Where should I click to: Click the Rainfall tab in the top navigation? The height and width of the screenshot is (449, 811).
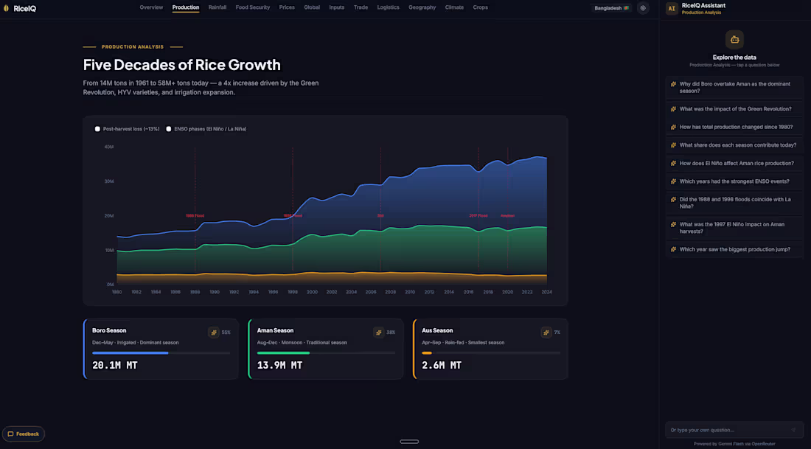[217, 7]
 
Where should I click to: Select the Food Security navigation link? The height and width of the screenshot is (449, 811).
[253, 7]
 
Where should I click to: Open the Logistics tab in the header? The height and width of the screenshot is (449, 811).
[388, 7]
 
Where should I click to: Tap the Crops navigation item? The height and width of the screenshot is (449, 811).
[480, 7]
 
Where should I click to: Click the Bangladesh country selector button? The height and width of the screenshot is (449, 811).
[611, 8]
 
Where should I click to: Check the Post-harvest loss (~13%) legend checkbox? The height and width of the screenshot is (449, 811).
[97, 129]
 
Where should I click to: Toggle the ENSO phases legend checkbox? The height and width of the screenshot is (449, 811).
[169, 129]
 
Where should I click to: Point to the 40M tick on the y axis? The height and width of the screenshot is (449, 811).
[108, 147]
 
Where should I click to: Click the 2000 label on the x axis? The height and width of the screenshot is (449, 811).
[312, 292]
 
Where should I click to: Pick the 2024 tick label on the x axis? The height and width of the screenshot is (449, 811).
[546, 292]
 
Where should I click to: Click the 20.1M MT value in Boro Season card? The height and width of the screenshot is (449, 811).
[114, 365]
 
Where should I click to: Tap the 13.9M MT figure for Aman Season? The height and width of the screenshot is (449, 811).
[279, 365]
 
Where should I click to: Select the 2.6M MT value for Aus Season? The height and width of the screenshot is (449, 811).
[442, 365]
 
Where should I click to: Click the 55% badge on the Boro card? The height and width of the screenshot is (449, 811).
[226, 333]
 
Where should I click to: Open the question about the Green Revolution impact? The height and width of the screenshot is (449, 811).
[735, 109]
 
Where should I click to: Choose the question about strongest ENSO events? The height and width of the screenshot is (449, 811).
[734, 181]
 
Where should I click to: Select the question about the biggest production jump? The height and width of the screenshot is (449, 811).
[734, 249]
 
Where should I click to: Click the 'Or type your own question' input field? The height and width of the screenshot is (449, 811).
[726, 430]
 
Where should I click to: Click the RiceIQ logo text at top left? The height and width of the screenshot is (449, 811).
[25, 8]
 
